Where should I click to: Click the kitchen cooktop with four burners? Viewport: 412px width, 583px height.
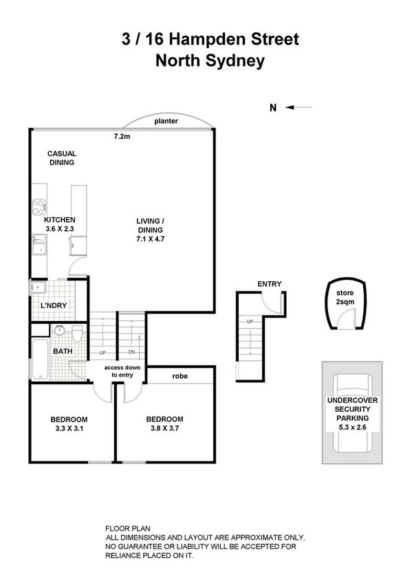click(x=37, y=206)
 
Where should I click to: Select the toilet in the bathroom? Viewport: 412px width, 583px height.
click(x=78, y=335)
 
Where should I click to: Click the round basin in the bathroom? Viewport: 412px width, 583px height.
click(x=60, y=331)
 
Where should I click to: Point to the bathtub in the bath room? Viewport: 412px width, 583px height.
click(x=39, y=358)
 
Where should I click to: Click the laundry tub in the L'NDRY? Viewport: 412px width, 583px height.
click(x=38, y=289)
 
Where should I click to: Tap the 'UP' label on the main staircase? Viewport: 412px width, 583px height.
click(x=102, y=353)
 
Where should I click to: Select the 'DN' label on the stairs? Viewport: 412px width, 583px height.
click(x=132, y=353)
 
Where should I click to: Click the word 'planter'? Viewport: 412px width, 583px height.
click(x=166, y=121)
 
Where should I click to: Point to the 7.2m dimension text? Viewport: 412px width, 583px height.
click(x=122, y=137)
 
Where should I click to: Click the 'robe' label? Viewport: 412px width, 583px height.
click(x=180, y=377)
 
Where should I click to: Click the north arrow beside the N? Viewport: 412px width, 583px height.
click(x=299, y=107)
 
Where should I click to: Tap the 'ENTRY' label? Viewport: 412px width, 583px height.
click(x=269, y=284)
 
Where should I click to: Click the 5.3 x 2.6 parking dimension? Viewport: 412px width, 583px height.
click(x=352, y=427)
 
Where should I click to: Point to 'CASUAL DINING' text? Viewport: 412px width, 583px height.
click(x=61, y=158)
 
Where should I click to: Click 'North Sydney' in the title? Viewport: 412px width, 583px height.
click(x=209, y=60)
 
